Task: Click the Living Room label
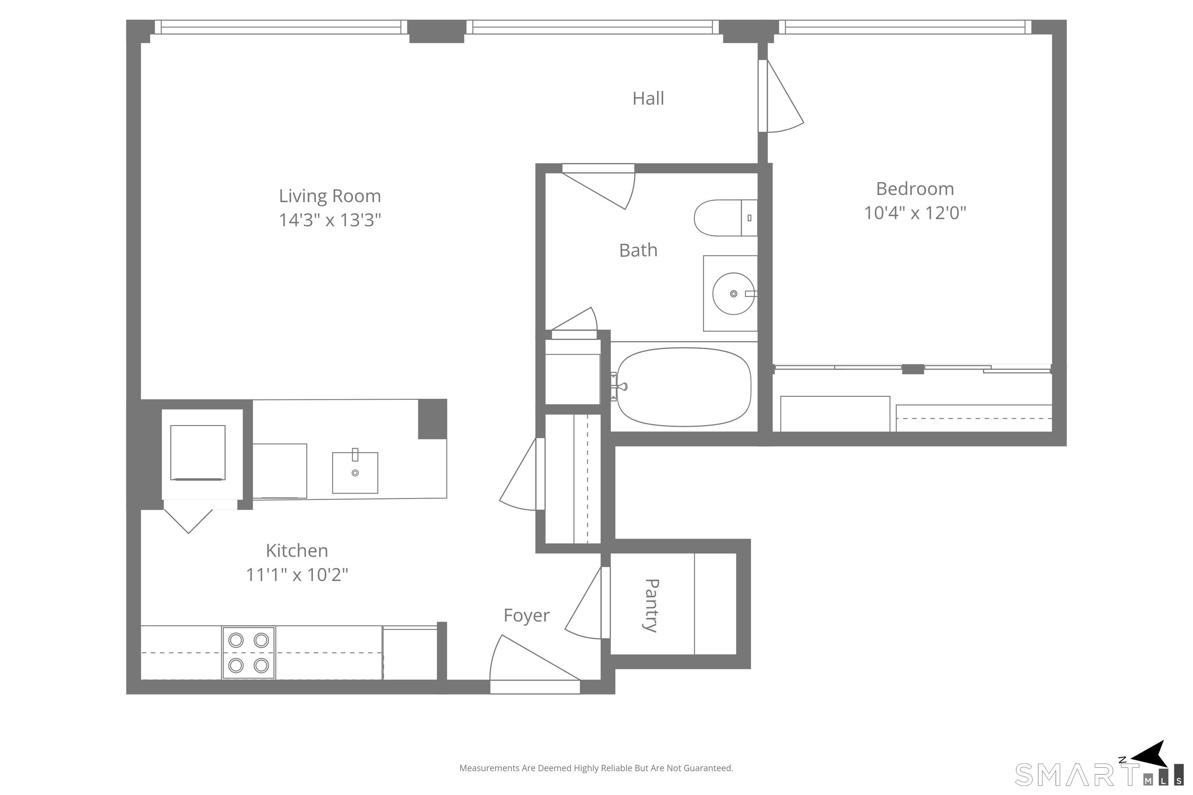(x=330, y=196)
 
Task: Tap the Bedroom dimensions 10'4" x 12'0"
(x=915, y=213)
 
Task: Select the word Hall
(x=648, y=98)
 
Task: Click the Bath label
(x=638, y=250)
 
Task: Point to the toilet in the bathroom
(x=725, y=218)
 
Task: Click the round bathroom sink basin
(x=734, y=293)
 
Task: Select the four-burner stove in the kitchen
(x=249, y=653)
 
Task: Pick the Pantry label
(x=651, y=606)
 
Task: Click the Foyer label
(x=527, y=616)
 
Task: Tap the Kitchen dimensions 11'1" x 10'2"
(x=297, y=575)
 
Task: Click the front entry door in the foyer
(x=535, y=664)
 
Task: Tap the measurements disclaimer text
(x=596, y=768)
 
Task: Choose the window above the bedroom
(x=905, y=27)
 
